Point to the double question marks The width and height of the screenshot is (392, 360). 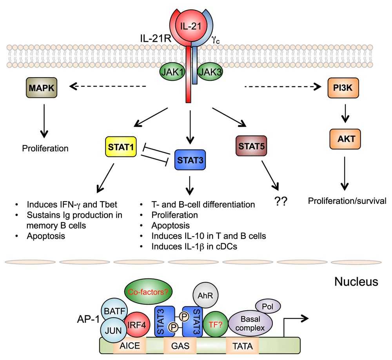281,202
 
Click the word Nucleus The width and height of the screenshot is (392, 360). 356,281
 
